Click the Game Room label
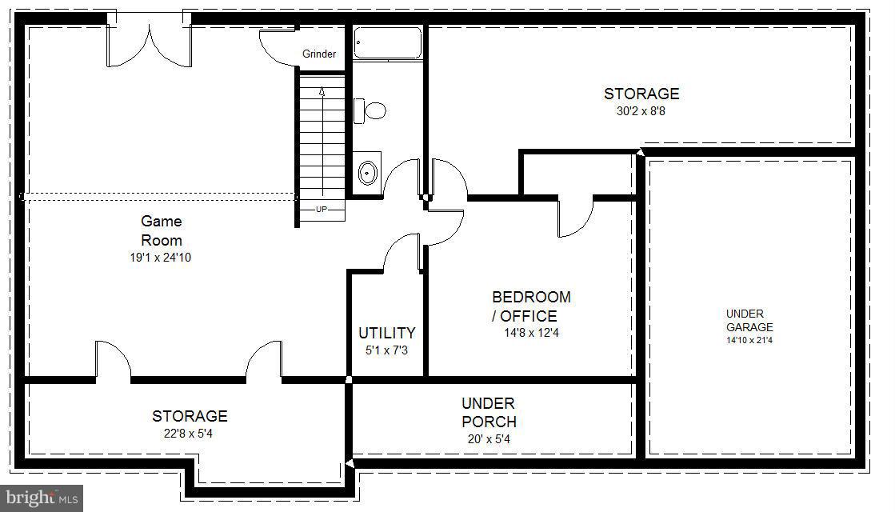(162, 230)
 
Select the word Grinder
(319, 54)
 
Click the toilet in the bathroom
(370, 110)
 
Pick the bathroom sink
(368, 171)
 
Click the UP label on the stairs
(322, 210)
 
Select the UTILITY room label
(386, 333)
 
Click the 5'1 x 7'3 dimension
(386, 350)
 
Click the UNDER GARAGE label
(749, 320)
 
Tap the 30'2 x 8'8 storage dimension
(641, 111)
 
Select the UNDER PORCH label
(488, 412)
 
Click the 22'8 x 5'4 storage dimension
(190, 434)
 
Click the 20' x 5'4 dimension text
(488, 438)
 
